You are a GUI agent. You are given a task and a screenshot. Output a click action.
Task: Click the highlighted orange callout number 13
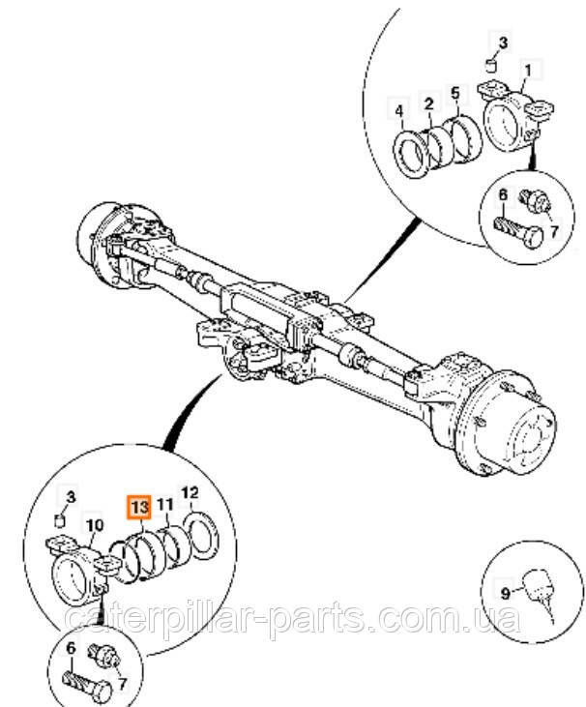[x=140, y=506]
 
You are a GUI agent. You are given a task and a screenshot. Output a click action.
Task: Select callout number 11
[x=165, y=505]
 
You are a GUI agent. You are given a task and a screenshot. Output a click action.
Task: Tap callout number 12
[x=190, y=493]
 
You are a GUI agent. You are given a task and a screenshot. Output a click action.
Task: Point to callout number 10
[x=95, y=527]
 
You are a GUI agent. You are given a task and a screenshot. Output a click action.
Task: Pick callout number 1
[x=527, y=70]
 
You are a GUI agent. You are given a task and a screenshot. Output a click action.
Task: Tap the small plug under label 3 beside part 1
[x=490, y=66]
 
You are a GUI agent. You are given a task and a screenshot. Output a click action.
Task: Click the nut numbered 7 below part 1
[x=534, y=202]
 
